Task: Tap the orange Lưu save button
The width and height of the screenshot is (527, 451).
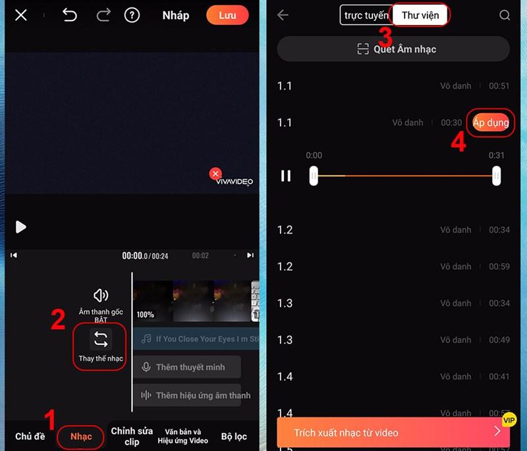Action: (x=227, y=15)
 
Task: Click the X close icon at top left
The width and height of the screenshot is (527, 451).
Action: (x=21, y=15)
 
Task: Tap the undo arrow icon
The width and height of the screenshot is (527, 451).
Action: (x=70, y=15)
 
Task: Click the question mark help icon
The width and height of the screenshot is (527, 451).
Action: (x=132, y=15)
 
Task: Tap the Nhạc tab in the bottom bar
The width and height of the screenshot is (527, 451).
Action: (x=81, y=437)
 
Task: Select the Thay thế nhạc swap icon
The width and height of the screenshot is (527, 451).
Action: (x=100, y=340)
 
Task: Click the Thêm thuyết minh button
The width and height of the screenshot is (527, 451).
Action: (x=187, y=367)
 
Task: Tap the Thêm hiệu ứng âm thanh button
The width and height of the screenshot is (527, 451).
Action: (x=187, y=396)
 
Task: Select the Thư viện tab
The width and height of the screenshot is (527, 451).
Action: (x=420, y=15)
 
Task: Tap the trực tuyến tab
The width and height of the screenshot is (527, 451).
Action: (x=366, y=15)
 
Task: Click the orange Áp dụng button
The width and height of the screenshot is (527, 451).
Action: (x=491, y=122)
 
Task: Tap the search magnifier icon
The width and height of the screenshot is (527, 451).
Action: (x=505, y=15)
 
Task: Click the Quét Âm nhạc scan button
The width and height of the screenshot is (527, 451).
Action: (x=393, y=49)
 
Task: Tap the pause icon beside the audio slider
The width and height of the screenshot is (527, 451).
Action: (x=286, y=176)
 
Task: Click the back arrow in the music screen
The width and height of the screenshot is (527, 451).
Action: (x=283, y=15)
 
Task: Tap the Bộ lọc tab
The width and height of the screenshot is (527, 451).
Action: (x=234, y=437)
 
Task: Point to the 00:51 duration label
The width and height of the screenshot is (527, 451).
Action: (x=499, y=86)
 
